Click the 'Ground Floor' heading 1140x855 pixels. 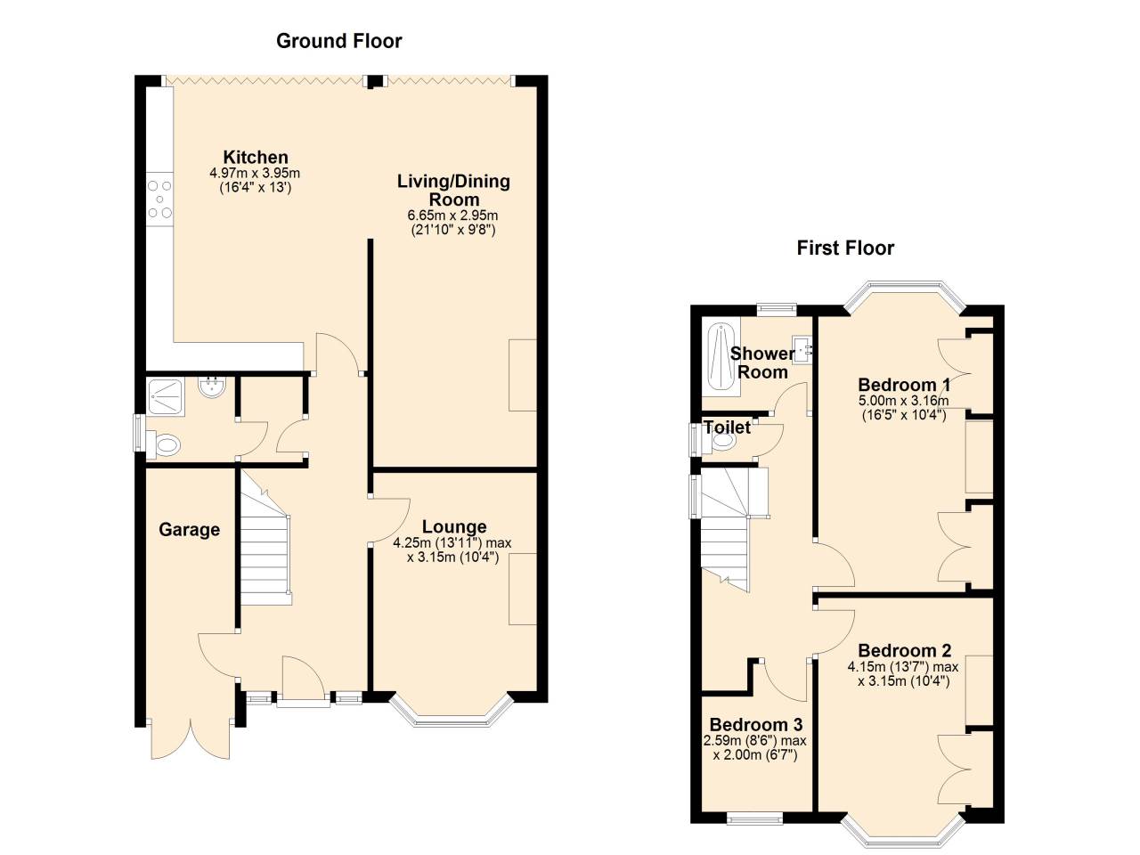tap(338, 41)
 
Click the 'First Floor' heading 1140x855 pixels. tap(844, 248)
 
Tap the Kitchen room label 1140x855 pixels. tap(256, 158)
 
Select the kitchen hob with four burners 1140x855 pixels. tap(160, 199)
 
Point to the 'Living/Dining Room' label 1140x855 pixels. tap(453, 191)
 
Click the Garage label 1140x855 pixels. tap(189, 530)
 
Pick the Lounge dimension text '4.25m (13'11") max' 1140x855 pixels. tap(452, 543)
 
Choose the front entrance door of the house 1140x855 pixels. tap(301, 681)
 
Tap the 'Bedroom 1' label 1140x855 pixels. tap(903, 385)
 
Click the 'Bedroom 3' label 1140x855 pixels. tap(755, 724)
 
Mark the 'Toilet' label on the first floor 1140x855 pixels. tap(727, 427)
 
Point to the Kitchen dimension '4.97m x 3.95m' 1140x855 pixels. tap(255, 174)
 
